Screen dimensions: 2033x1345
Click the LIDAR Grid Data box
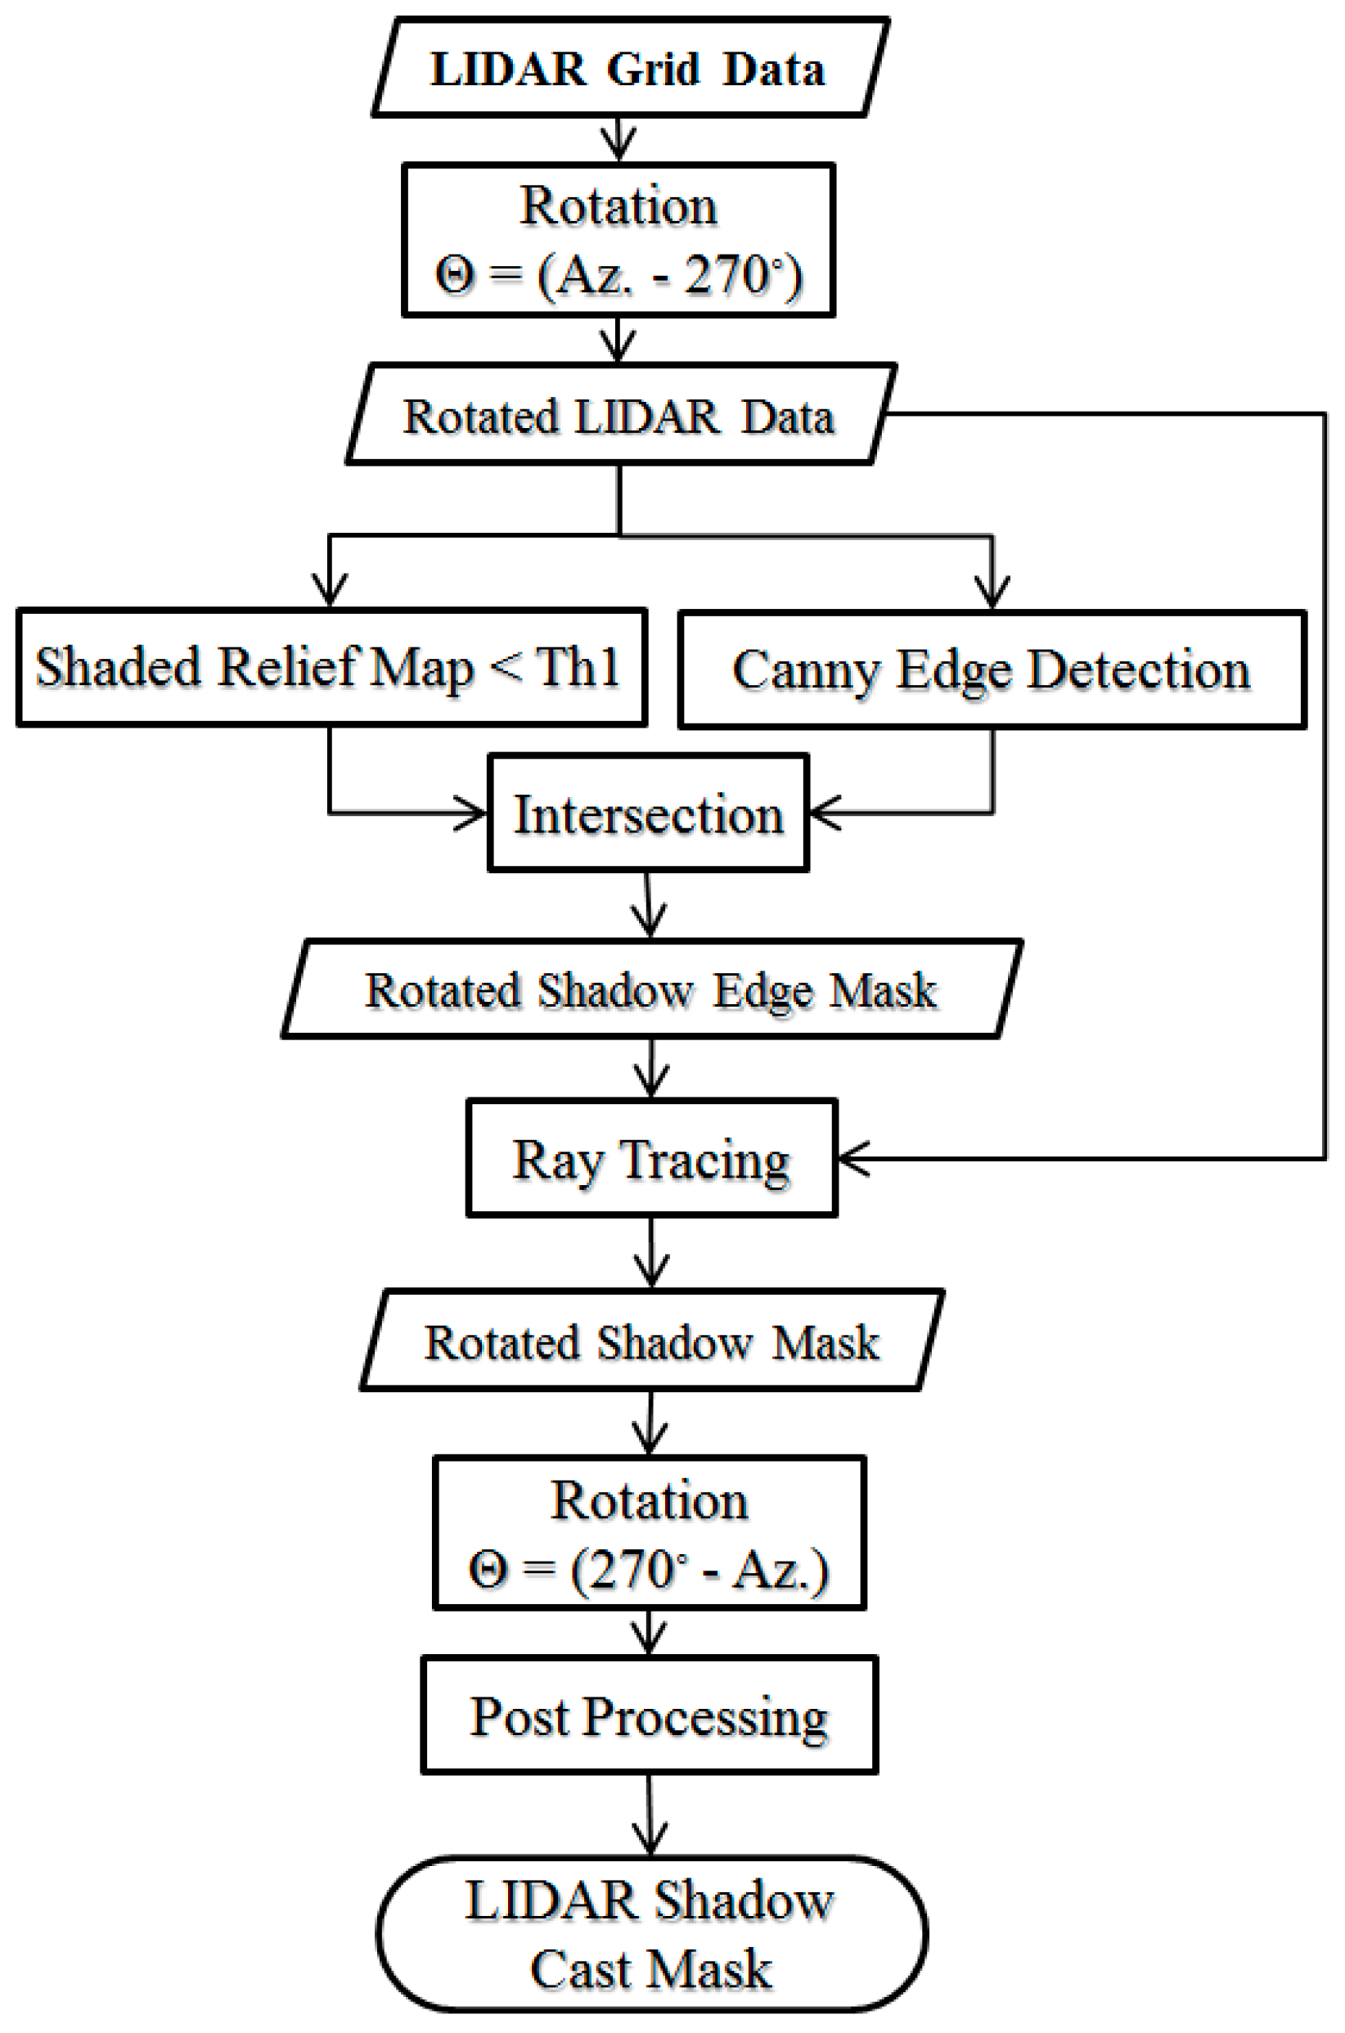click(629, 69)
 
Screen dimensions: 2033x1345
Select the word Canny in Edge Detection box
click(804, 670)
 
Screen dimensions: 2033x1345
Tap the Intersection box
click(648, 814)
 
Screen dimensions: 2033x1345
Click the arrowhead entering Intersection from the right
click(824, 812)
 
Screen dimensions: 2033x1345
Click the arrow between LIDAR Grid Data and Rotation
click(618, 139)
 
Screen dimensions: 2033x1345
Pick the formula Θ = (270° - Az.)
click(649, 1571)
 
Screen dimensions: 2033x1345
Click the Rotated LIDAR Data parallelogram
click(619, 417)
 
